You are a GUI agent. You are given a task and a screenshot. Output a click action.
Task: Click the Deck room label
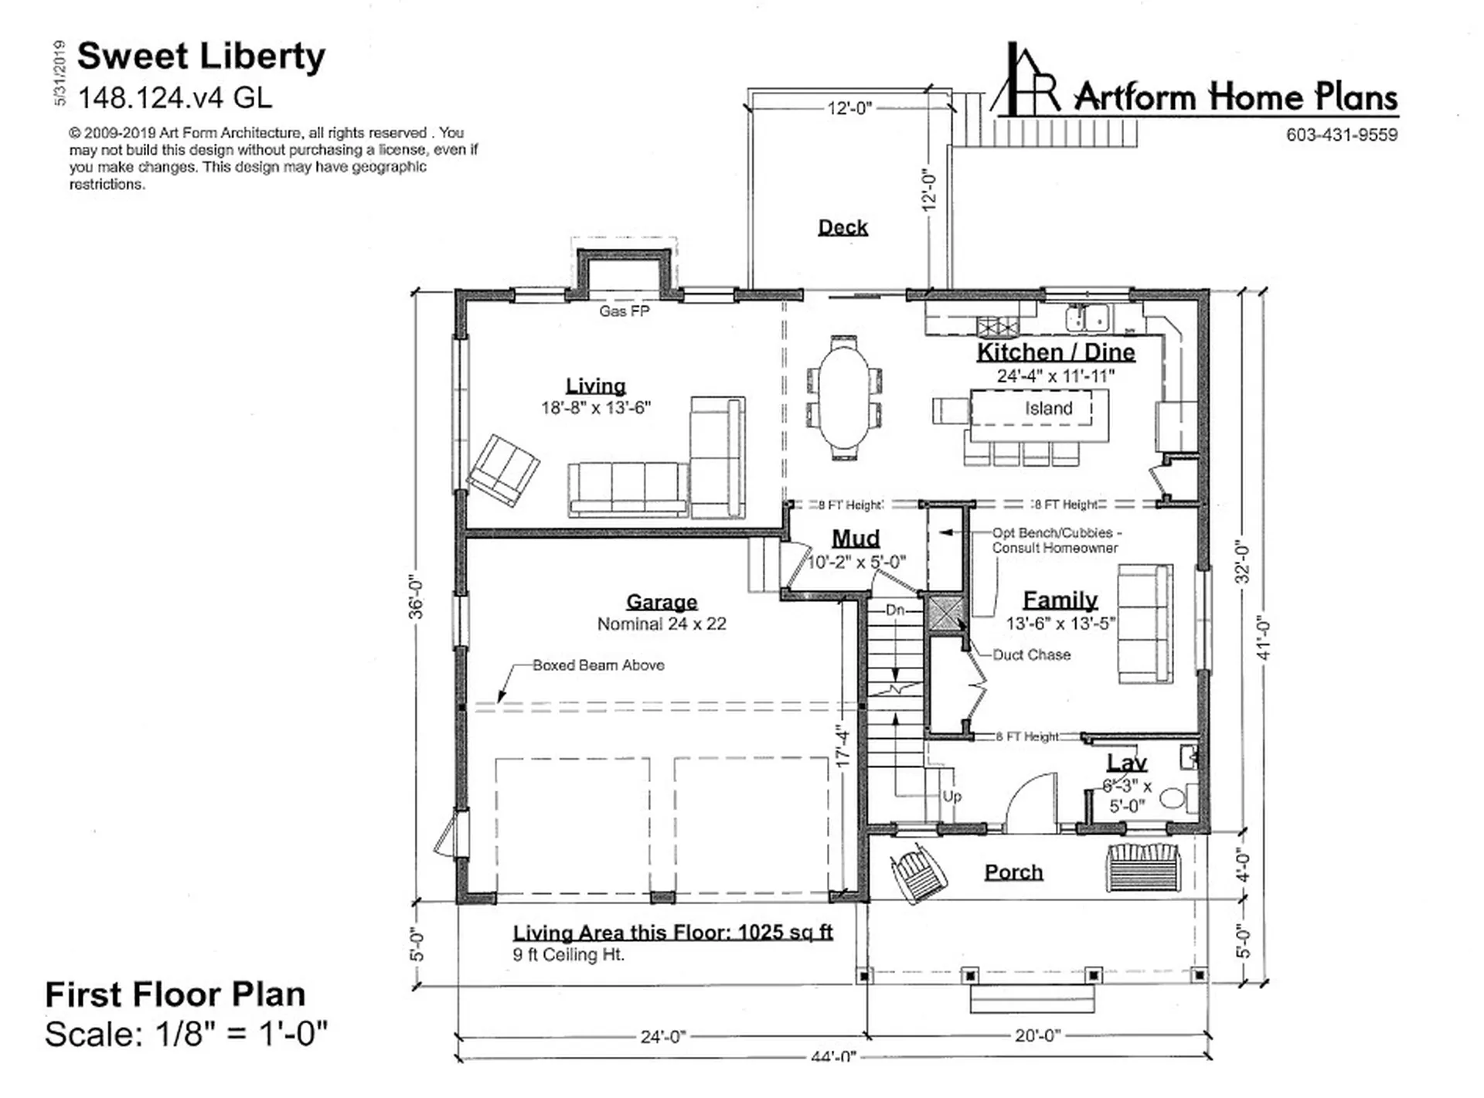point(842,227)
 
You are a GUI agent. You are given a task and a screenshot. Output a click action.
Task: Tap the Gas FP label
point(624,311)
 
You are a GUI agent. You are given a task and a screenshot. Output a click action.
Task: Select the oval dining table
point(843,396)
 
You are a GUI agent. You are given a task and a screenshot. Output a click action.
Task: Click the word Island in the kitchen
point(1049,408)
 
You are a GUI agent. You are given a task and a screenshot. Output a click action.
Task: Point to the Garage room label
point(662,602)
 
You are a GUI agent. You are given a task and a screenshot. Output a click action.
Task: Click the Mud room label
point(856,538)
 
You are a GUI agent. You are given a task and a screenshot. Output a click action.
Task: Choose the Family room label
point(1060,600)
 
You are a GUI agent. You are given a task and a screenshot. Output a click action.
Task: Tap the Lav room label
point(1127,763)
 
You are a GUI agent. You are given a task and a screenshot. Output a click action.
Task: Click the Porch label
point(1013,872)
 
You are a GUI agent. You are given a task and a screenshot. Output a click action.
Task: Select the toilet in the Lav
point(1177,797)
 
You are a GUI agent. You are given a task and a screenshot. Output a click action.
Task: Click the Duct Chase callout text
point(1031,654)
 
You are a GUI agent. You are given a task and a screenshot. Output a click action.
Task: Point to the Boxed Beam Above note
point(598,665)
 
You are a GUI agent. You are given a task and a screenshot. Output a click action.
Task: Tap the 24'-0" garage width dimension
point(663,1037)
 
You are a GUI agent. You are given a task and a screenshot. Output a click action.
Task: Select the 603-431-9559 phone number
point(1342,135)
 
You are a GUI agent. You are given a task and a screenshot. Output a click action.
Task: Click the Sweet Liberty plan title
point(201,56)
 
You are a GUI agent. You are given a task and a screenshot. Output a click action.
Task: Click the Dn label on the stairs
point(895,610)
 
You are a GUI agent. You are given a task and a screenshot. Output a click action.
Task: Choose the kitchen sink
point(1087,318)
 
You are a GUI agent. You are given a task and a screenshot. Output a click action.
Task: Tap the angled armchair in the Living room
point(504,470)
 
